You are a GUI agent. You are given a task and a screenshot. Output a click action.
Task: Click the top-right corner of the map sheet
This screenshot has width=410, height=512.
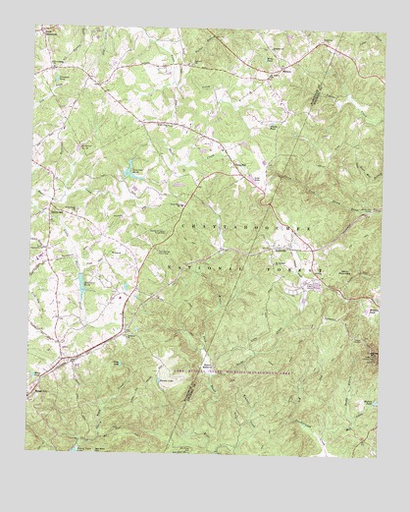point(386,35)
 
